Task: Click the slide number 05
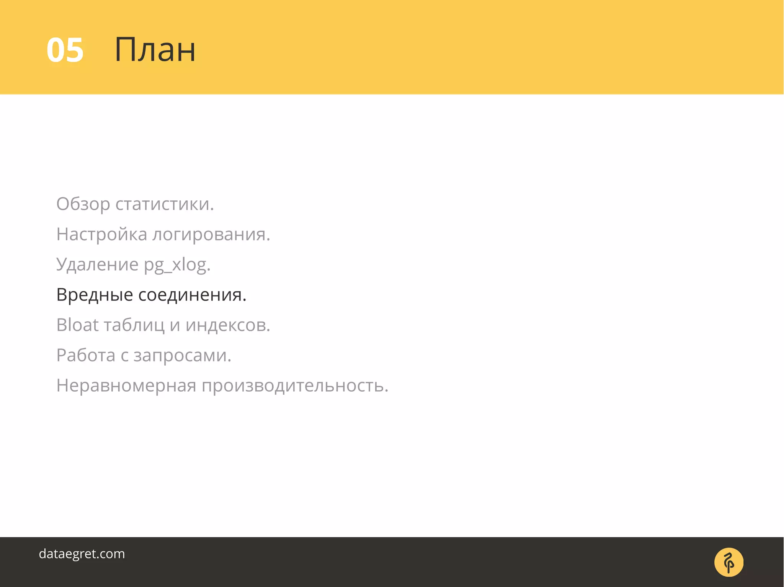65,50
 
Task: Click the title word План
155,50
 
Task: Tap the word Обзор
83,204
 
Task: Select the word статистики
165,204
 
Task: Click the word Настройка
101,234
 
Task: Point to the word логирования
211,234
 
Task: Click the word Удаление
97,265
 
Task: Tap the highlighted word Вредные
95,295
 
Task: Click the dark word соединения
192,295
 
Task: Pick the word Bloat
77,325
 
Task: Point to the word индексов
228,325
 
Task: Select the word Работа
86,355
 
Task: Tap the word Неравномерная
126,385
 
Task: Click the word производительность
295,385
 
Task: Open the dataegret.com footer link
82,554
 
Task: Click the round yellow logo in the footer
728,562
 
